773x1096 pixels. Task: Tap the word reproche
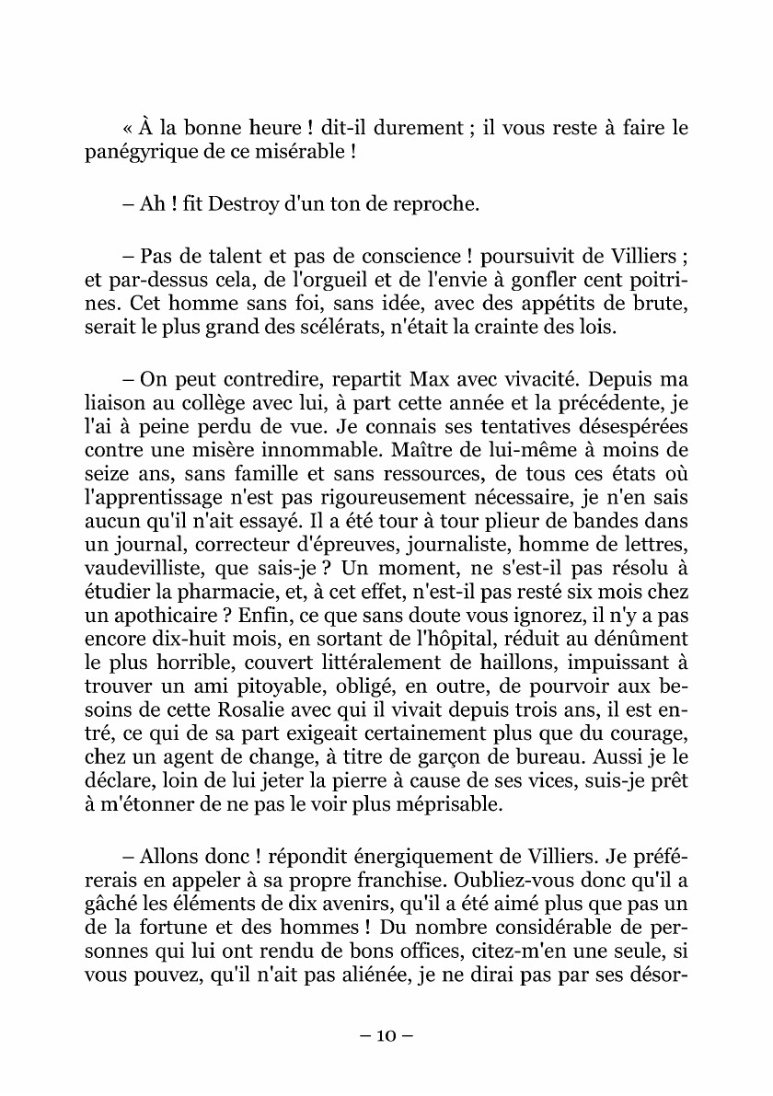[x=435, y=203]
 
